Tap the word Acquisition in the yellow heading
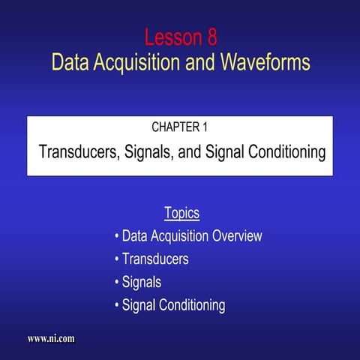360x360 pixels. [137, 62]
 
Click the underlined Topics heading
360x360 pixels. [181, 213]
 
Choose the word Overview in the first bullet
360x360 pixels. [236, 236]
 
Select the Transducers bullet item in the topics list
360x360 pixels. [155, 259]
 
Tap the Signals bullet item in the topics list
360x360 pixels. [142, 283]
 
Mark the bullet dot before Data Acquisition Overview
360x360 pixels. [117, 237]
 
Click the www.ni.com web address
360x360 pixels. [51, 339]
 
